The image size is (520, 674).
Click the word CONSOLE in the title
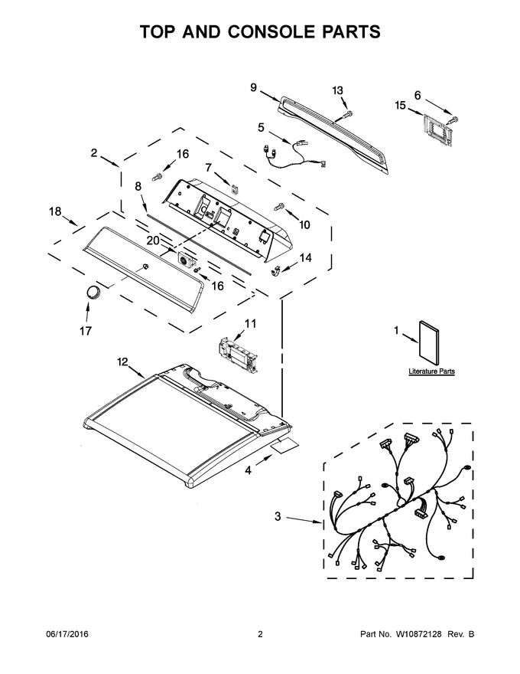276,32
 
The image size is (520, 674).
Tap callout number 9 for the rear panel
254,87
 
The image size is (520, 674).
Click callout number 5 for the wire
261,127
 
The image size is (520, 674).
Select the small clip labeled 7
235,188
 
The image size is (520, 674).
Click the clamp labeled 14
276,271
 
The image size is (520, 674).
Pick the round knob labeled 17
93,292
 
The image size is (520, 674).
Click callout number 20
153,240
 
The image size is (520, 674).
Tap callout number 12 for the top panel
122,362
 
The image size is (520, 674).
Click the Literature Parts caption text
431,371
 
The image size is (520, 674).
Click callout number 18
55,211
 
